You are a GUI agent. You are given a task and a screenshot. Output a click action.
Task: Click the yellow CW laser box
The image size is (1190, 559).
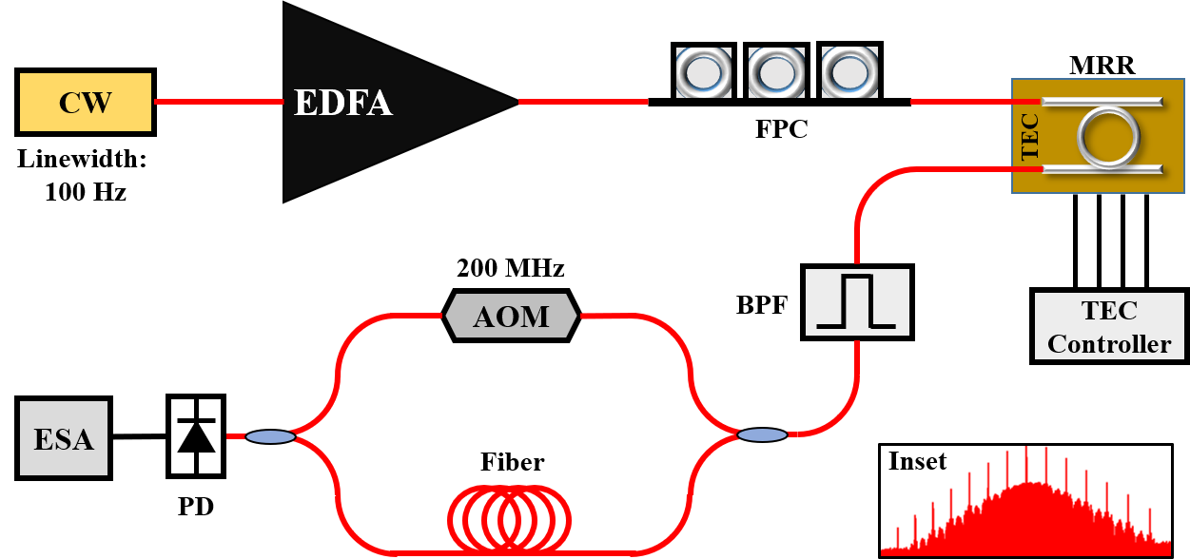click(86, 102)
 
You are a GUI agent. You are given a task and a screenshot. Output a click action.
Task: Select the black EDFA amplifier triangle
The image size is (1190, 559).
click(380, 103)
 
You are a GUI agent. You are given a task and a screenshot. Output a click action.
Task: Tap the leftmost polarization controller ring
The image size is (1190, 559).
click(704, 73)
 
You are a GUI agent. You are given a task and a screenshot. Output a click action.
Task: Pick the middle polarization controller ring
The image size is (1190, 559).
click(776, 73)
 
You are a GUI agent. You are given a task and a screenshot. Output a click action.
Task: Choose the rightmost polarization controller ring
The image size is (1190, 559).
click(849, 73)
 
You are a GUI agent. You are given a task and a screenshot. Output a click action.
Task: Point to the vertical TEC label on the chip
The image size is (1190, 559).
click(1028, 136)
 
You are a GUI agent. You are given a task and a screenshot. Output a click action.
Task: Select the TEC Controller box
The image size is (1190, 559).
click(1109, 326)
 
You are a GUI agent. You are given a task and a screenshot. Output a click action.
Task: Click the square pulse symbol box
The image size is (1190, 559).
click(857, 302)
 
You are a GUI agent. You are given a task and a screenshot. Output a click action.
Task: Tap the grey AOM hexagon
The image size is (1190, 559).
click(511, 316)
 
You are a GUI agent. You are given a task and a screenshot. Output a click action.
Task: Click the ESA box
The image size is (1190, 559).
click(64, 438)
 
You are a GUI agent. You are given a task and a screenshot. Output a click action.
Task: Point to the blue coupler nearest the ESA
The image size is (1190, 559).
click(270, 436)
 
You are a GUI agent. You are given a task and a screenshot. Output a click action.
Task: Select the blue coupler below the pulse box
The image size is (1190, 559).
click(762, 434)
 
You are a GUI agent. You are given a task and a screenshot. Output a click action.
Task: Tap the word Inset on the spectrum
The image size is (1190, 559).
click(917, 462)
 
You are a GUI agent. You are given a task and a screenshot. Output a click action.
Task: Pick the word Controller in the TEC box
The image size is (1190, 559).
click(1109, 343)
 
